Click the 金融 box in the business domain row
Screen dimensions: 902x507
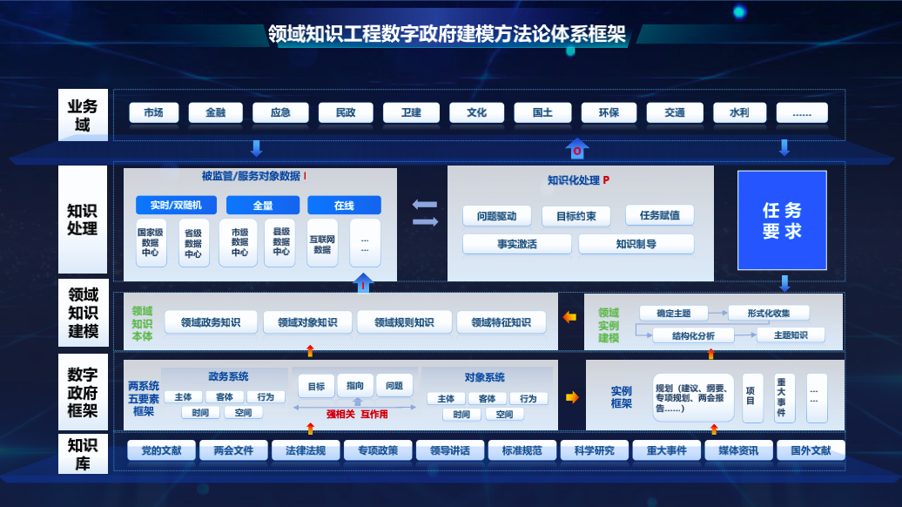pos(215,113)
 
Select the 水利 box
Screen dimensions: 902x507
pos(738,113)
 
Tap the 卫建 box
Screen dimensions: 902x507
pos(411,113)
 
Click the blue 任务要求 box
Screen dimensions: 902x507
pos(782,220)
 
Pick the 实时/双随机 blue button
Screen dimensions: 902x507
pos(176,206)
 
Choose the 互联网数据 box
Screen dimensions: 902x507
pos(322,243)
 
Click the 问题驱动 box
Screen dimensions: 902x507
pos(496,216)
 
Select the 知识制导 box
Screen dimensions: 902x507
pos(636,244)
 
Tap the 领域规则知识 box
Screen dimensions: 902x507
pos(404,322)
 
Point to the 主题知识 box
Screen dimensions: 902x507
pos(782,335)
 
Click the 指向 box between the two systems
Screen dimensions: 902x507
pos(355,386)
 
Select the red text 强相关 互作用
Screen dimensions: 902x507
pos(357,415)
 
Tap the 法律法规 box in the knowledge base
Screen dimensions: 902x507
pos(299,450)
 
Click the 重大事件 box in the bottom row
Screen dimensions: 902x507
pos(660,450)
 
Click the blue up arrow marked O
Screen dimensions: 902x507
pos(576,149)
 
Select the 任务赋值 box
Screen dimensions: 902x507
pos(659,214)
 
